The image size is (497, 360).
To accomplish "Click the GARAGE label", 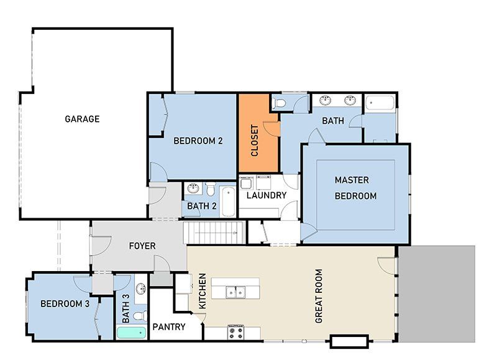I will [82, 119].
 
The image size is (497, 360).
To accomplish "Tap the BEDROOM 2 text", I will [198, 141].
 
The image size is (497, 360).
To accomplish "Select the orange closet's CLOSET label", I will [255, 141].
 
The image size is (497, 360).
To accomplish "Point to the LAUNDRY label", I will [266, 195].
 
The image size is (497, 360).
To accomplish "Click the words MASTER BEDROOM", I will [355, 188].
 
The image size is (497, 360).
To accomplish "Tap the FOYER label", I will [142, 246].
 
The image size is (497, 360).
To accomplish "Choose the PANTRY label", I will [169, 326].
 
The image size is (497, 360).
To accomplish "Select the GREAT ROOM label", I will [319, 296].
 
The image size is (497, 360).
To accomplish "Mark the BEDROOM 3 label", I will [65, 304].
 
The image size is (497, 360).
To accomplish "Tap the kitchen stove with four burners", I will [236, 332].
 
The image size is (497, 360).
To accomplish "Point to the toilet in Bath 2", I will [211, 189].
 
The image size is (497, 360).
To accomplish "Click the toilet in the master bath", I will [280, 103].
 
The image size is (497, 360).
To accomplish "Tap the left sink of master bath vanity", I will [326, 100].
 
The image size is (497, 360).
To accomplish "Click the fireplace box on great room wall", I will [349, 341].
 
